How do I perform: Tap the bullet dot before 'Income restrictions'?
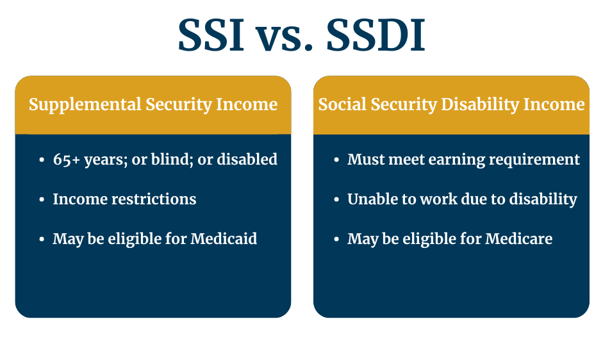click(x=42, y=200)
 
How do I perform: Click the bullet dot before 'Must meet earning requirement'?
click(x=336, y=160)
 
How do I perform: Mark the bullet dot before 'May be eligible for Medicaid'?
click(x=42, y=240)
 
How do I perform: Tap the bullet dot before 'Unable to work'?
click(x=336, y=200)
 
